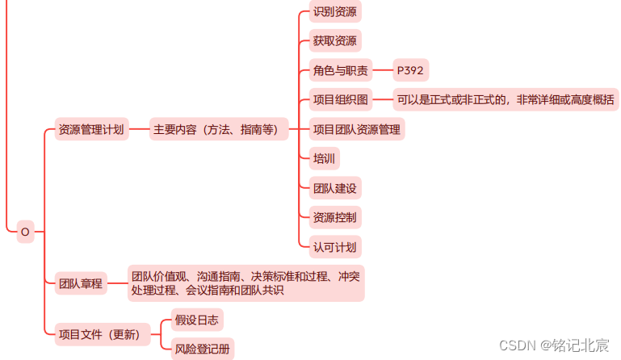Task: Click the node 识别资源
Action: (334, 12)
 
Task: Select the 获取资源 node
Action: (334, 41)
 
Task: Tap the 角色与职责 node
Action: (340, 71)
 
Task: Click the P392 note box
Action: (412, 71)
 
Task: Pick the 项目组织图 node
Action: (340, 100)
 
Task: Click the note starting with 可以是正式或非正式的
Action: (506, 100)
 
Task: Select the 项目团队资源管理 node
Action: (356, 129)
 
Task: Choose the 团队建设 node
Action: (334, 188)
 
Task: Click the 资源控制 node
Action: (334, 217)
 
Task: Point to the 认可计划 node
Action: (334, 246)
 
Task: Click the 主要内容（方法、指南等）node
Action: (219, 129)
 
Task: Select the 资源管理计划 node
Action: (91, 129)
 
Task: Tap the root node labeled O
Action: (25, 232)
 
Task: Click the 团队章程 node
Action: (81, 283)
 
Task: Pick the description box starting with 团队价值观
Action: (246, 283)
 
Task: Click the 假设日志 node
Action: (197, 320)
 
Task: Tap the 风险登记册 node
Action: (203, 349)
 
